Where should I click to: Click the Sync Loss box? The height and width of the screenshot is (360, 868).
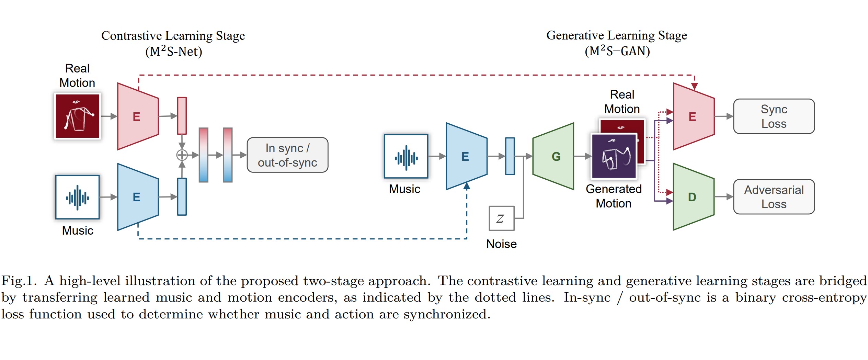774,116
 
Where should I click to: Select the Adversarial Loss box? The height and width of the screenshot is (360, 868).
774,197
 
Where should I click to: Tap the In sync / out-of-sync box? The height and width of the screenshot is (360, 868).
287,155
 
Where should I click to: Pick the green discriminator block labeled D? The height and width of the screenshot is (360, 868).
693,197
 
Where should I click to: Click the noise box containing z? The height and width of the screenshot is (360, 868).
501,218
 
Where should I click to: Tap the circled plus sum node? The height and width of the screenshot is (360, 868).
182,155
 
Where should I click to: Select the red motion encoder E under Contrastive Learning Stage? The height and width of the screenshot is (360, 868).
137,116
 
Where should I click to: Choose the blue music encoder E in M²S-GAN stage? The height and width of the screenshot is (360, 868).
466,156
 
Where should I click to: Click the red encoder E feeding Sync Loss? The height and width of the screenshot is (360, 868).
693,116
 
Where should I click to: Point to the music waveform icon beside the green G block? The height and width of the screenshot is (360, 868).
406,157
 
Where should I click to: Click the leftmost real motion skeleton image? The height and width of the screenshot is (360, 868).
78,116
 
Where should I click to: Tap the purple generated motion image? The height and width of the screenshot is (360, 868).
614,156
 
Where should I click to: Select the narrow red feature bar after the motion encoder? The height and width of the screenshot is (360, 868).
182,116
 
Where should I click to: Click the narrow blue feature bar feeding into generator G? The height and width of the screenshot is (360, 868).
510,156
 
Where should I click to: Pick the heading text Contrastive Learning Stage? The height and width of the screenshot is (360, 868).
173,36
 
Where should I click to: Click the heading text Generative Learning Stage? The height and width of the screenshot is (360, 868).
616,35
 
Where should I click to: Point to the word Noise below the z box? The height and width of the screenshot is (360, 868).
501,244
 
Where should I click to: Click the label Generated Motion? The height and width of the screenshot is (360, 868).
614,196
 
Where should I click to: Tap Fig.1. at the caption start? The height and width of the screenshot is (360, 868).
19,281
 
